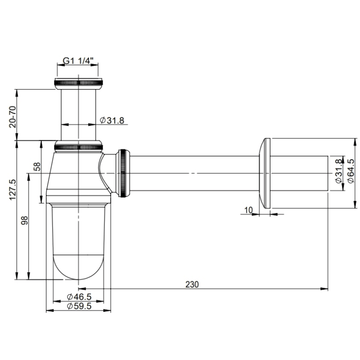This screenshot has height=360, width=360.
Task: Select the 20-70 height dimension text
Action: tap(13, 117)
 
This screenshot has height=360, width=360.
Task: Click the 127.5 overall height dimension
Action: tap(13, 189)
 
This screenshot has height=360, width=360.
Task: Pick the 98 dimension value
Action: tap(25, 221)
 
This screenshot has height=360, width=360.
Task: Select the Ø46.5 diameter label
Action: tap(79, 297)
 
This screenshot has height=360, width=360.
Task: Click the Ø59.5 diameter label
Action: tap(79, 306)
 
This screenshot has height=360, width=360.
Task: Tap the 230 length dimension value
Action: tap(192, 284)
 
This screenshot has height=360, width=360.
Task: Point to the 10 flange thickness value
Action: tap(249, 210)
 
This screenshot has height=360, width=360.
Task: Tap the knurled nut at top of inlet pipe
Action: tap(78, 83)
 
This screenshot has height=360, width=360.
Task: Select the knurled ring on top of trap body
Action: tap(79, 146)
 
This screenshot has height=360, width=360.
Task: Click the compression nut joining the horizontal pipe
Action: tap(124, 173)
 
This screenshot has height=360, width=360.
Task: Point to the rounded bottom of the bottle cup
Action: tap(79, 268)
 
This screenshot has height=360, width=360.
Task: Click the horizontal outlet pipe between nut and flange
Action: tap(193, 173)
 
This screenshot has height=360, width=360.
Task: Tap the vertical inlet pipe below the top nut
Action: tap(79, 112)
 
